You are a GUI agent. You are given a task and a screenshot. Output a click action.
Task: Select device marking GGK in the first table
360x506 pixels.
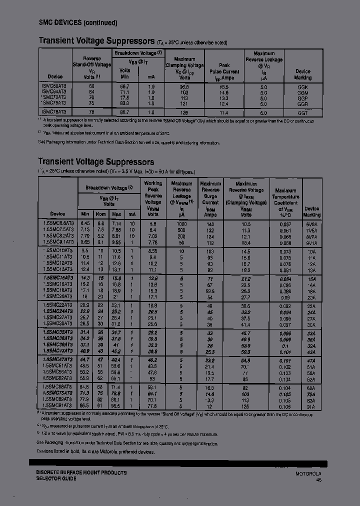click(x=302, y=87)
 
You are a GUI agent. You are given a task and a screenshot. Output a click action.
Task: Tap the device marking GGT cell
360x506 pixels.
click(x=302, y=113)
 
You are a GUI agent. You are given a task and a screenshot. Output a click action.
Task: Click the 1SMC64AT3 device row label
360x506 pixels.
click(x=55, y=92)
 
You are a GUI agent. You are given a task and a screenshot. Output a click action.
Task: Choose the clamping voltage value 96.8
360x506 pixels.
click(x=184, y=87)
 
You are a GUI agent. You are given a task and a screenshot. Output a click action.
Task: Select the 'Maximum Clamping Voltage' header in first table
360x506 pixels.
click(x=184, y=65)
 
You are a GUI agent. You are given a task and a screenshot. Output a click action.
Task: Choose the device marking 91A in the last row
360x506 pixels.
click(x=311, y=406)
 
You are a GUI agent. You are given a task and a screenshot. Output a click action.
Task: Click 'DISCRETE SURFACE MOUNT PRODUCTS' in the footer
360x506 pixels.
click(x=81, y=472)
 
